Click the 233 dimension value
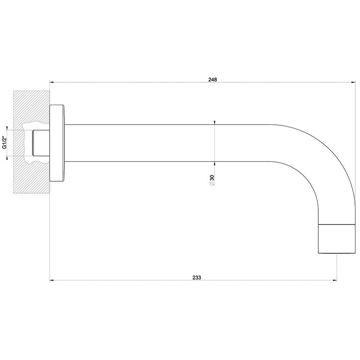(x=197, y=277)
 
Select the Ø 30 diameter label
(x=211, y=181)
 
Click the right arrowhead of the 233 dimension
(x=335, y=280)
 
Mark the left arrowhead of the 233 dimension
(x=52, y=280)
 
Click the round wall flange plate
(x=57, y=143)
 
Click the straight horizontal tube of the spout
(x=169, y=143)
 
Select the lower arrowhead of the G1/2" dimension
(x=8, y=158)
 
